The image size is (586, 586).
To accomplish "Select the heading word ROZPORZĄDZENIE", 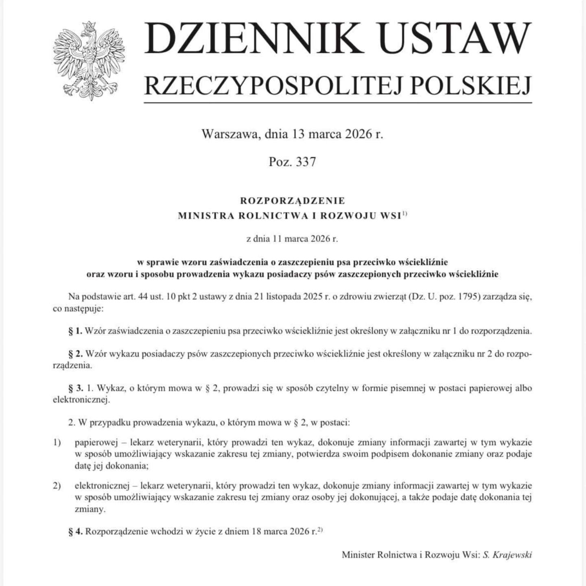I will click(x=292, y=201).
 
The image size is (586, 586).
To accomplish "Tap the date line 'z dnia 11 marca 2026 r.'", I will click(x=292, y=239).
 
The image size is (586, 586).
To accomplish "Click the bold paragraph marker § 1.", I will click(x=75, y=331).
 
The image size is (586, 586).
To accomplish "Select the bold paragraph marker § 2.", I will click(x=75, y=354).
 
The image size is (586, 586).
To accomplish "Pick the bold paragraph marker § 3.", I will click(x=75, y=388).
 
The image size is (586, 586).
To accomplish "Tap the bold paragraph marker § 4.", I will click(x=75, y=531).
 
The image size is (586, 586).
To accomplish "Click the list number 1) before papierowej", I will click(x=57, y=442).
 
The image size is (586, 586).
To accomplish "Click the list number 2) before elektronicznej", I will click(x=57, y=485).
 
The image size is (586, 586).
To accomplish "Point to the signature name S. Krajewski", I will click(x=507, y=555).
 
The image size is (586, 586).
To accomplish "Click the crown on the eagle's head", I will click(x=88, y=25).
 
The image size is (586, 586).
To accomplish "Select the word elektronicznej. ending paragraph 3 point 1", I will click(x=81, y=400).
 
